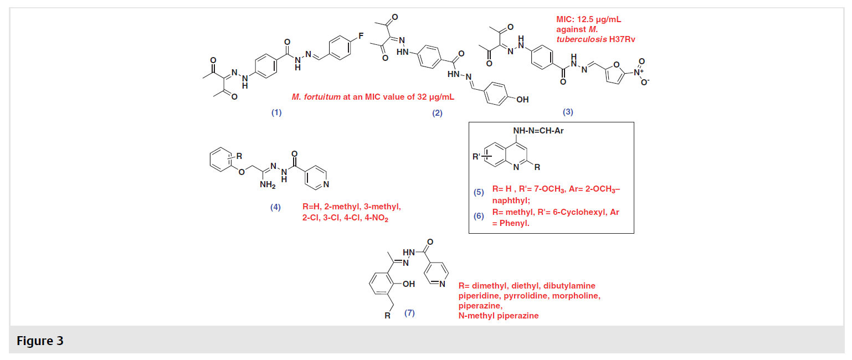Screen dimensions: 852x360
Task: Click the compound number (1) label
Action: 276,112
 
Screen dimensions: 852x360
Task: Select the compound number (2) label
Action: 438,113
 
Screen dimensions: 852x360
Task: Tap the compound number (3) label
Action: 568,112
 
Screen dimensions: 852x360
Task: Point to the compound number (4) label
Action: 275,207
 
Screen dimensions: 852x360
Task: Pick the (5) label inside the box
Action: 479,192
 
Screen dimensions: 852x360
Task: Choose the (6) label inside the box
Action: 479,216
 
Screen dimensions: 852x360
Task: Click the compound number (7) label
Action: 409,313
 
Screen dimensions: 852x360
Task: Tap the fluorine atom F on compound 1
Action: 361,36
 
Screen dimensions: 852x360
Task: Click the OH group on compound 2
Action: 522,100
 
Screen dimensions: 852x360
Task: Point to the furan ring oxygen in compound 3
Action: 616,65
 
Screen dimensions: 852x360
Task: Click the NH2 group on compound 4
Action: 268,185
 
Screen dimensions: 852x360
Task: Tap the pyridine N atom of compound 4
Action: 326,184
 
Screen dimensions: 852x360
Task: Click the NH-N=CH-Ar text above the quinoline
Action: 538,131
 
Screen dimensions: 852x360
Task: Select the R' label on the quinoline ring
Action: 476,156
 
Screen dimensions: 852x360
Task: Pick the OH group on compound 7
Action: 408,284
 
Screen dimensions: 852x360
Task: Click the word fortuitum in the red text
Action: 322,97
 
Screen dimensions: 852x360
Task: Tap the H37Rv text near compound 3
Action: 622,39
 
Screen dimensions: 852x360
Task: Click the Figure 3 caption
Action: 40,341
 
